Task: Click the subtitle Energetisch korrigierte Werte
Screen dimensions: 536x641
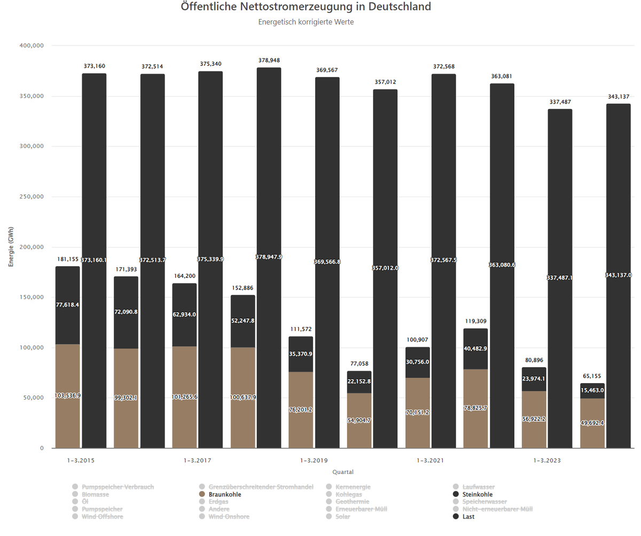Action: (306, 22)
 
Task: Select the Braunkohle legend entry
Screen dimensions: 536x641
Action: (224, 494)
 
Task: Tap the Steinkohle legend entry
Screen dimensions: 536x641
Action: (478, 494)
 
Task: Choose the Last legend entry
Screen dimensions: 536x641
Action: (468, 517)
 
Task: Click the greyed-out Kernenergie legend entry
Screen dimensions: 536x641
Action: (353, 487)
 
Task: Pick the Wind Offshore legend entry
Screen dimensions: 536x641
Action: (102, 517)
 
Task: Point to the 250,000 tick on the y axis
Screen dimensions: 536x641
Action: (32, 197)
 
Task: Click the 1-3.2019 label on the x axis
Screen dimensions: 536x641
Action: (314, 460)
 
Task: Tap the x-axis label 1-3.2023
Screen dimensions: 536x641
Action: (548, 460)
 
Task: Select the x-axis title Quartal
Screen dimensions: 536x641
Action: (343, 472)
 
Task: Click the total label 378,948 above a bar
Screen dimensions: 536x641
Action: (269, 60)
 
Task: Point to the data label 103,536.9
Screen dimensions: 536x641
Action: (68, 395)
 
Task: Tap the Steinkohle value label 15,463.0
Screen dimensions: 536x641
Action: (592, 390)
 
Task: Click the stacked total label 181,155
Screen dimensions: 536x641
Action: (68, 259)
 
